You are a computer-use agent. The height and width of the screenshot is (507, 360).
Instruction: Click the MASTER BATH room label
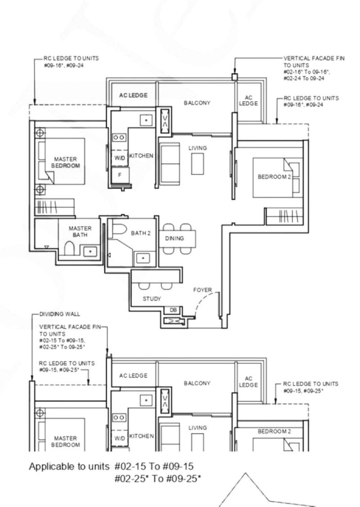coord(80,231)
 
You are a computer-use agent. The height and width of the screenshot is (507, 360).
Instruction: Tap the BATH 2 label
coord(138,233)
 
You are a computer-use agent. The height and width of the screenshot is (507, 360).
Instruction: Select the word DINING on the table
coord(174,238)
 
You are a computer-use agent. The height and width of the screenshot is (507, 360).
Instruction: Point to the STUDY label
coord(152,299)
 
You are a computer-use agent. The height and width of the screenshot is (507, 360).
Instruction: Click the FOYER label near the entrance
coord(202,290)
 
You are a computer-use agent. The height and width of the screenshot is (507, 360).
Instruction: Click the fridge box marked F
coord(120,175)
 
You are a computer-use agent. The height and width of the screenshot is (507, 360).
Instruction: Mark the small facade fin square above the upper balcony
coord(234,77)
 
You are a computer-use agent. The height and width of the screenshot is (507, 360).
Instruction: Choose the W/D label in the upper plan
coord(119,158)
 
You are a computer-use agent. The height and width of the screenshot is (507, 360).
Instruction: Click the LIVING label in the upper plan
coord(198,148)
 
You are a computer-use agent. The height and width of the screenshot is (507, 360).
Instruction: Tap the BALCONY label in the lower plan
coord(197,383)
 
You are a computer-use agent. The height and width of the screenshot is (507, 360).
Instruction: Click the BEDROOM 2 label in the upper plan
coord(274,177)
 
